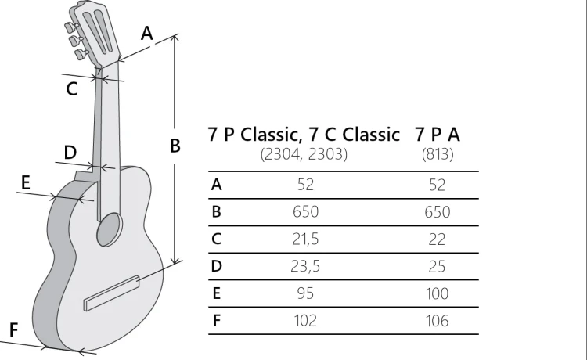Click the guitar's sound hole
point(110,228)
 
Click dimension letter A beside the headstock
point(146,33)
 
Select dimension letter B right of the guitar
point(175,145)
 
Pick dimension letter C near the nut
point(71,89)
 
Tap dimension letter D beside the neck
point(70,152)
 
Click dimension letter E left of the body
point(26,182)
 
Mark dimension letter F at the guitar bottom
point(13,330)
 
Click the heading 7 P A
point(438,134)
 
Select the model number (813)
point(438,154)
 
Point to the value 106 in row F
point(438,321)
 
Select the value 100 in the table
point(438,293)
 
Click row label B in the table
point(217,212)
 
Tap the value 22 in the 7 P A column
point(438,239)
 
